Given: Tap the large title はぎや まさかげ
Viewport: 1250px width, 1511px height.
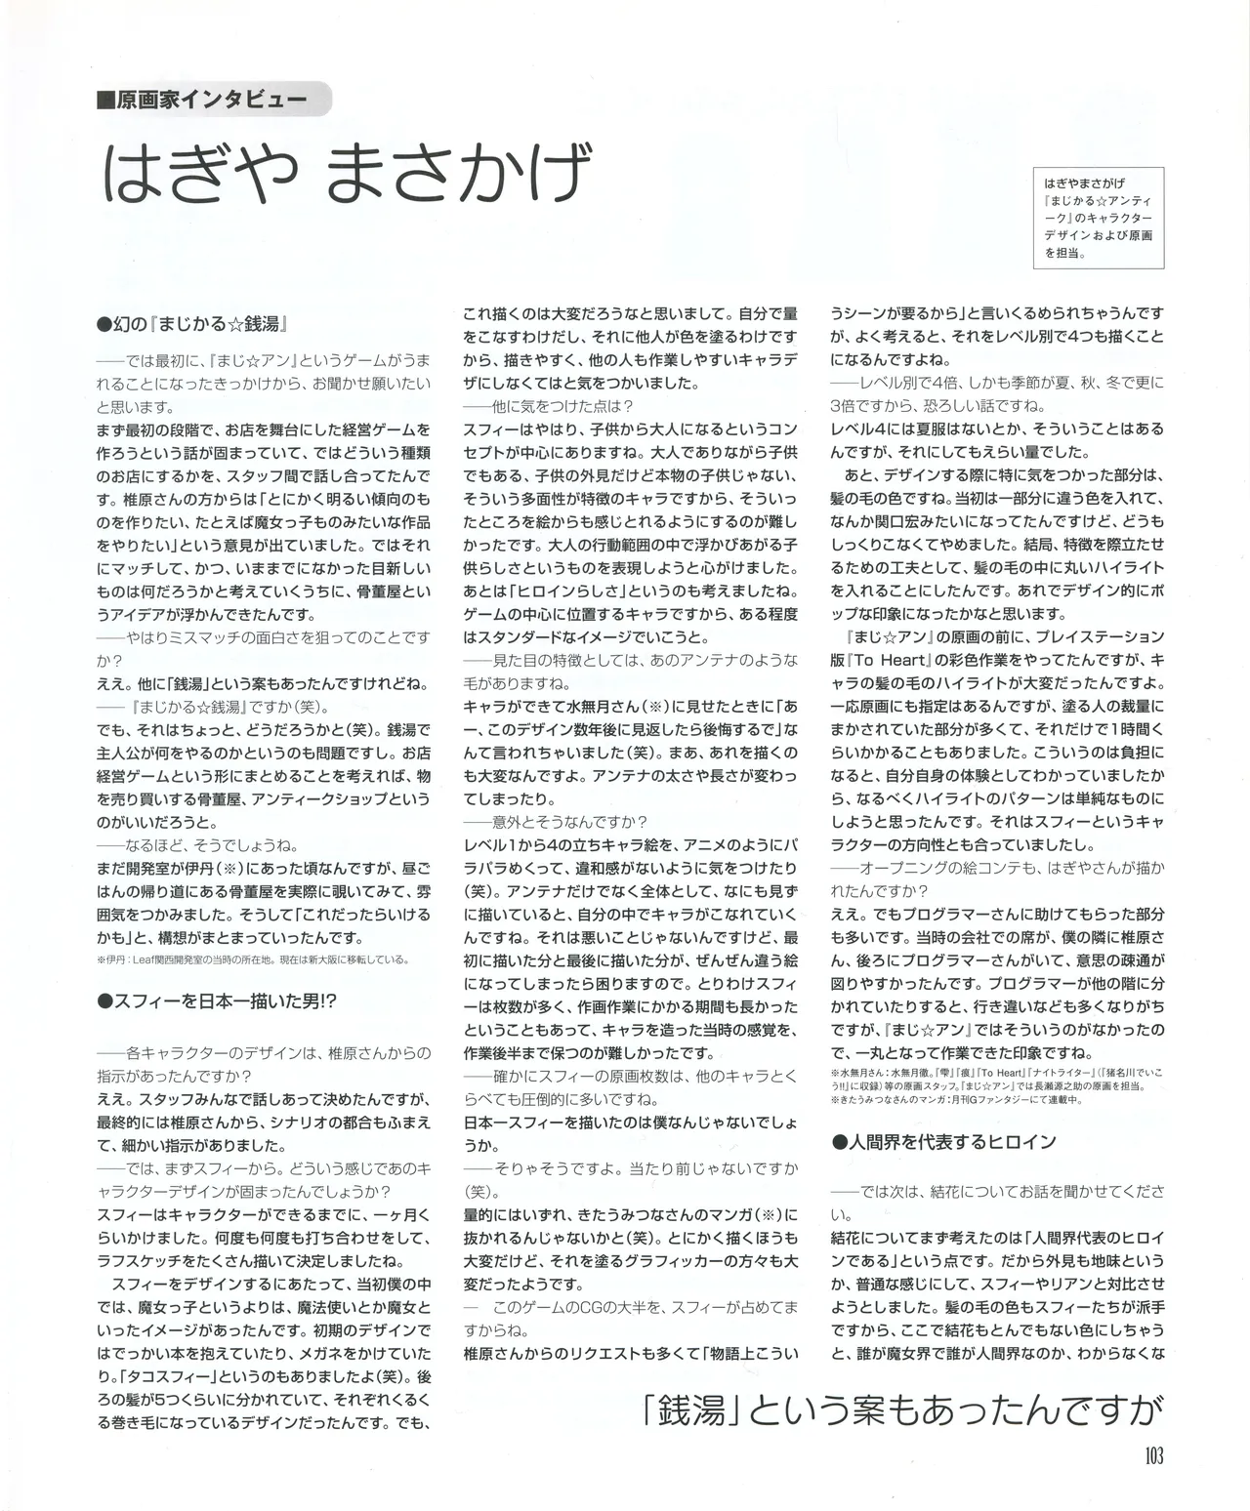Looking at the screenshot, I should (x=348, y=172).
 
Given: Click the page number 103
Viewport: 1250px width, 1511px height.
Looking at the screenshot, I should (x=1151, y=1456).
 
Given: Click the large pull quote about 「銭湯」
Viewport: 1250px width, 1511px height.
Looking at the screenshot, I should (x=904, y=1409).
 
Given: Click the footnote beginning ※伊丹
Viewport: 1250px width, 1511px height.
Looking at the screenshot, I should (x=253, y=959).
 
